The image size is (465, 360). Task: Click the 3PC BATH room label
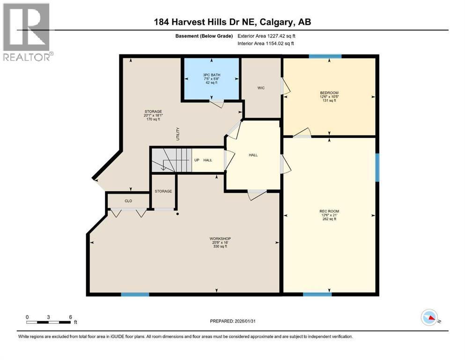tap(212, 75)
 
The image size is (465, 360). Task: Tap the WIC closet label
tap(261, 88)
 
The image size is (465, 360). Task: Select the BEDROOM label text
tap(329, 93)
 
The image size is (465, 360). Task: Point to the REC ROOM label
tap(329, 211)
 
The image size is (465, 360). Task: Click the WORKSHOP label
tap(220, 239)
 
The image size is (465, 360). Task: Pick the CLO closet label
tap(128, 201)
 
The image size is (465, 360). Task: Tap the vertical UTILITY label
tap(178, 134)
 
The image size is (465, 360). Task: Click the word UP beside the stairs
tap(197, 160)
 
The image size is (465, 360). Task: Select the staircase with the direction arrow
tap(172, 160)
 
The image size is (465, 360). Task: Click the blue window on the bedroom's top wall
tap(325, 56)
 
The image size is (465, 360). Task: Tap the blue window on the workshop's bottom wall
tap(135, 294)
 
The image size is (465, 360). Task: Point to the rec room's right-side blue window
tap(377, 167)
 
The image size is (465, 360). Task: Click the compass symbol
tap(429, 317)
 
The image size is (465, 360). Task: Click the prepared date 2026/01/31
tap(245, 321)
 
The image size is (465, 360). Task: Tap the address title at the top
tap(232, 22)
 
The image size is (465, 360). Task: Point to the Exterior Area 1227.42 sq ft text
tap(266, 36)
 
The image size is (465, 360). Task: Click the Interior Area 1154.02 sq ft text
tap(266, 43)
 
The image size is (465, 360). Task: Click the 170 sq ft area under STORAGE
tap(153, 120)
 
